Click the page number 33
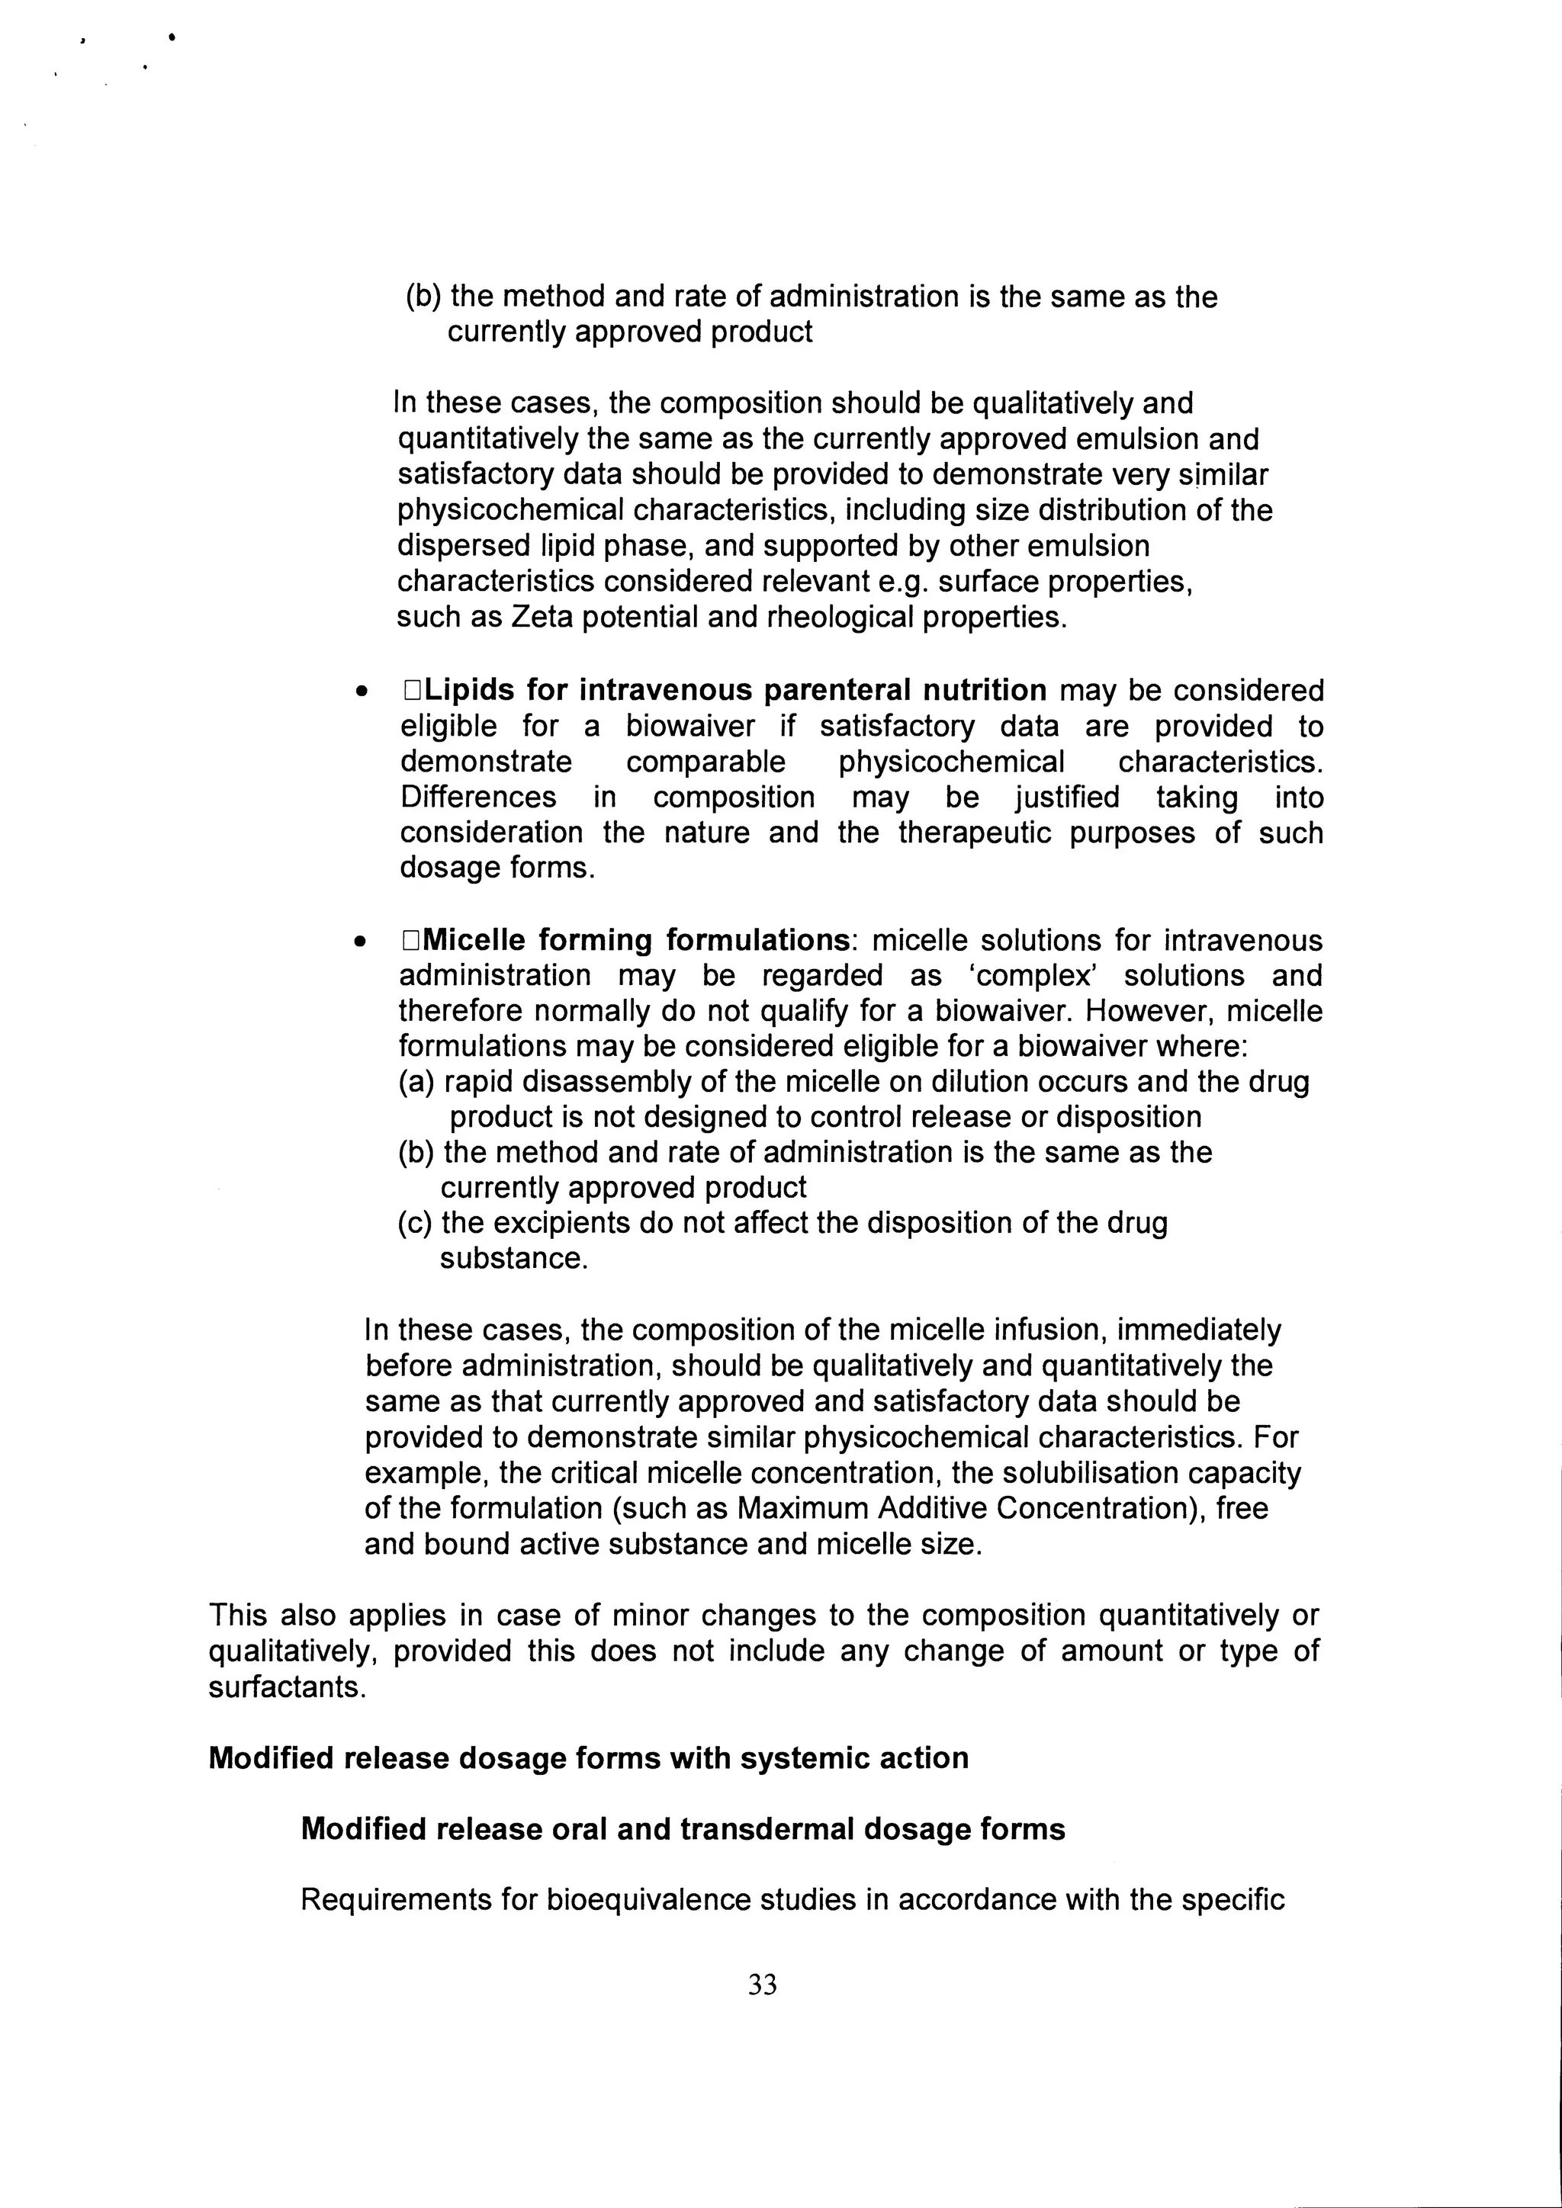762,1984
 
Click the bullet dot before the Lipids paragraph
361,692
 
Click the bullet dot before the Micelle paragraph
361,942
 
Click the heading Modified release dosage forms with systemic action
588,1758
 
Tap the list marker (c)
416,1223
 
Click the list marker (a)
416,1082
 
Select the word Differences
478,798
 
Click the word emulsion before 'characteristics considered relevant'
1090,545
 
